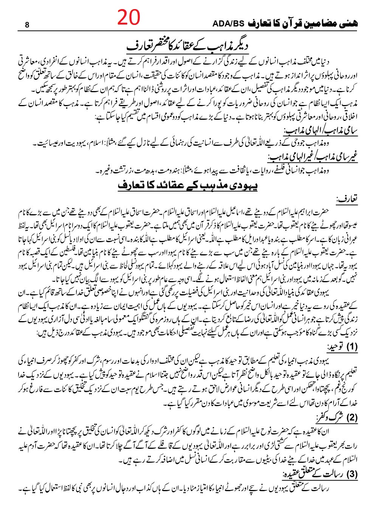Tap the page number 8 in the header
(x=26, y=26)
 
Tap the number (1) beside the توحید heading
(x=349, y=347)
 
